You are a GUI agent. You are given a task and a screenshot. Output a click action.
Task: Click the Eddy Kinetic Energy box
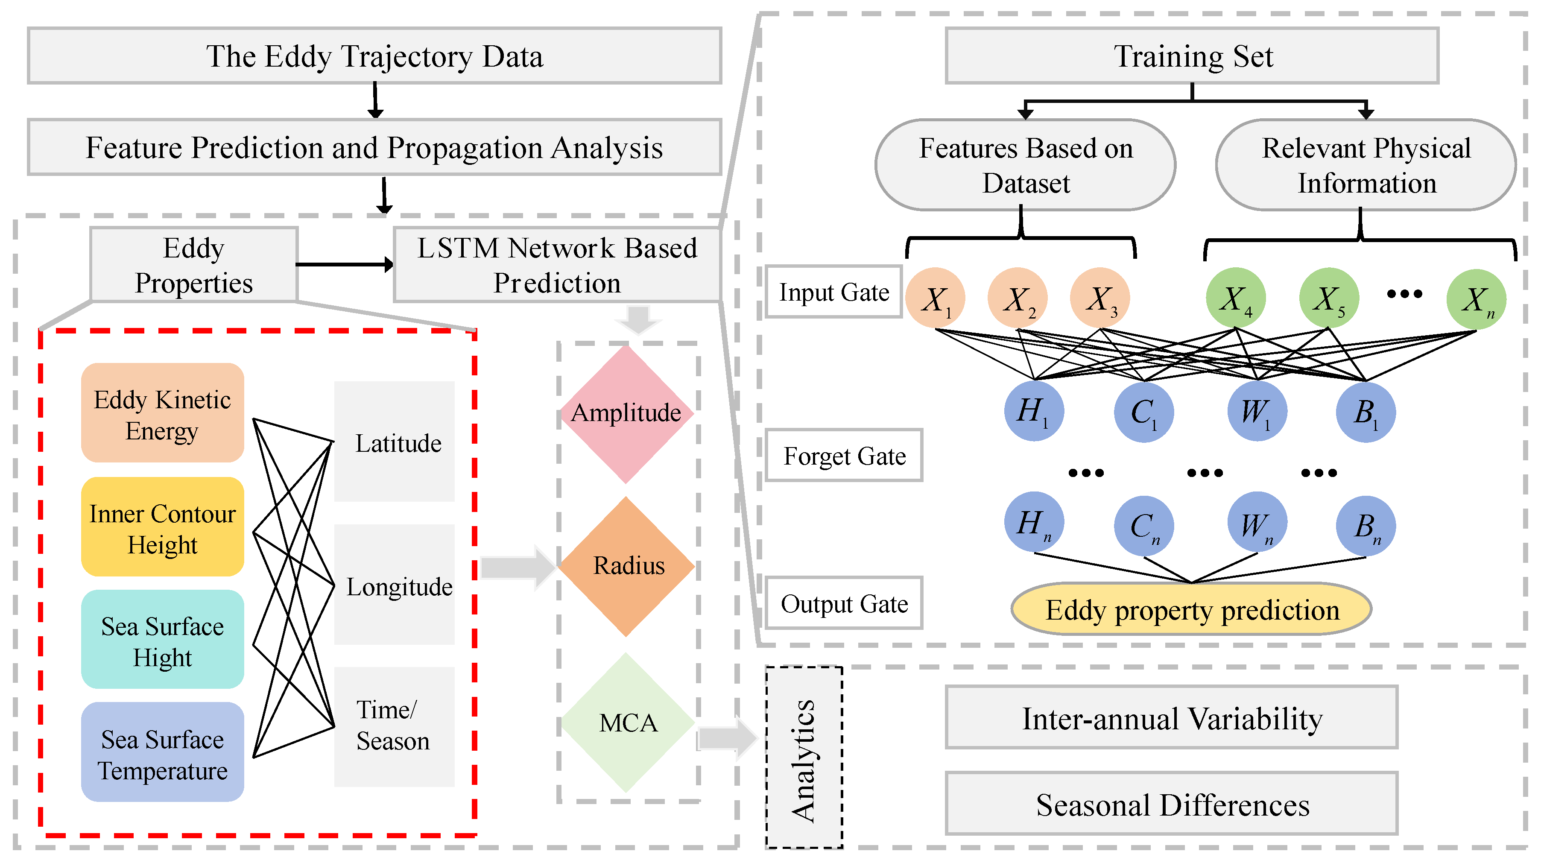point(162,413)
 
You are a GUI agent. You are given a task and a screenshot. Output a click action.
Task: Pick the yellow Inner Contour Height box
point(162,527)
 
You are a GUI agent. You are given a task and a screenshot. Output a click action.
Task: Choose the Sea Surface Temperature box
point(162,752)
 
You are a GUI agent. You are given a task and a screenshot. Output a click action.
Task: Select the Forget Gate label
point(844,456)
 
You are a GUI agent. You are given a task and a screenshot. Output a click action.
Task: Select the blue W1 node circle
point(1257,412)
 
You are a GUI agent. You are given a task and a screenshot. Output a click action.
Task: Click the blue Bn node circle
point(1366,526)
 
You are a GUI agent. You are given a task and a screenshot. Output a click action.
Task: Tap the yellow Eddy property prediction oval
point(1191,609)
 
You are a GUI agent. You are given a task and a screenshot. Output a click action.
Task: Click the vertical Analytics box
point(804,757)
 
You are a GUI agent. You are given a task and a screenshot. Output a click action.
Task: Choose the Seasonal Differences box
point(1171,803)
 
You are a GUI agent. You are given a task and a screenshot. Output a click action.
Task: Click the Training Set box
point(1192,56)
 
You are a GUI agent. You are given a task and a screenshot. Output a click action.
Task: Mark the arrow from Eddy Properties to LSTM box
point(344,264)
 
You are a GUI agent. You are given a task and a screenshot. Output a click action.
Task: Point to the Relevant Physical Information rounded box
point(1366,165)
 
